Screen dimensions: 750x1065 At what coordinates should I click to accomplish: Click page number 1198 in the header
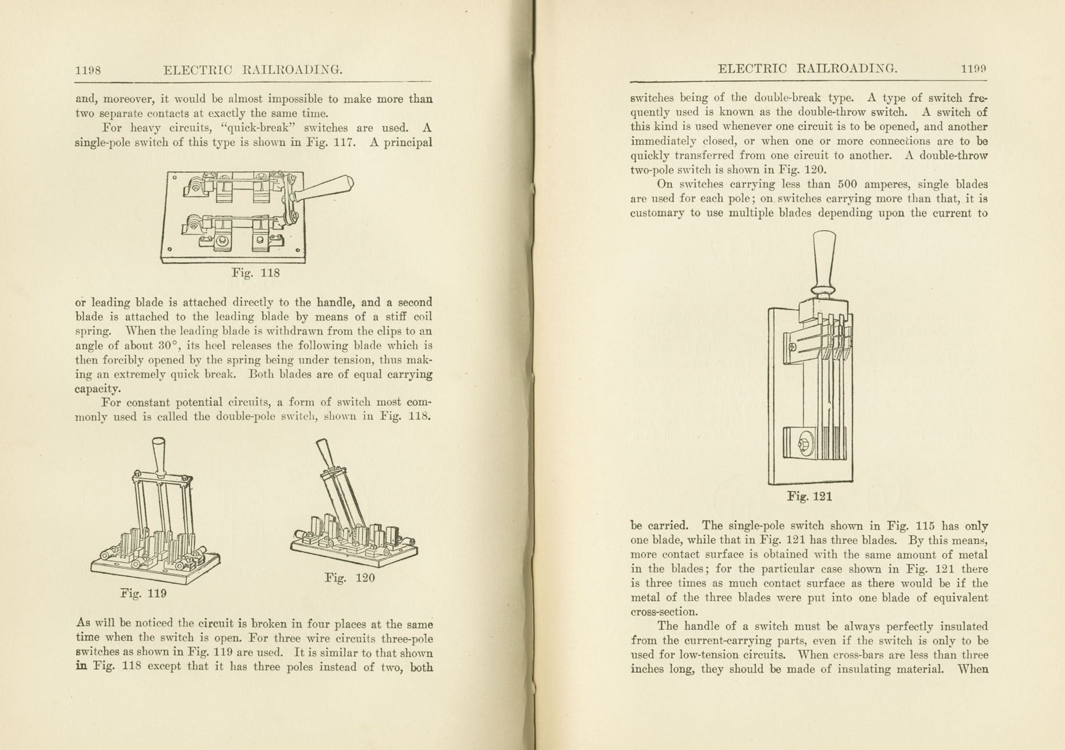tap(88, 70)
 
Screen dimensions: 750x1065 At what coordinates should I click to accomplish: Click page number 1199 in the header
tap(973, 69)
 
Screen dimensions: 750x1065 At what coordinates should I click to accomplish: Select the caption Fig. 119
tap(143, 593)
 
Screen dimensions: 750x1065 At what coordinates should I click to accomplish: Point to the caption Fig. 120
tap(349, 578)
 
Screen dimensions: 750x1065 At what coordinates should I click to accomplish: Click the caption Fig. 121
tap(809, 496)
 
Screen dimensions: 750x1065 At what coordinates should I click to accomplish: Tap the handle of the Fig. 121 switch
tap(824, 260)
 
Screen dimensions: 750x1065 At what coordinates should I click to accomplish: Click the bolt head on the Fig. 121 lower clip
tap(804, 444)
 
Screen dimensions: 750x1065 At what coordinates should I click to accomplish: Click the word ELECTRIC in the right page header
tap(751, 69)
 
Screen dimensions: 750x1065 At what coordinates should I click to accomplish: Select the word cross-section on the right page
tap(664, 611)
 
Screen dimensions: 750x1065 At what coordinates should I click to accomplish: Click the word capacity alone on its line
tap(97, 389)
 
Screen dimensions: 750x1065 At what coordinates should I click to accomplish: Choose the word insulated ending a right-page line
tap(959, 626)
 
